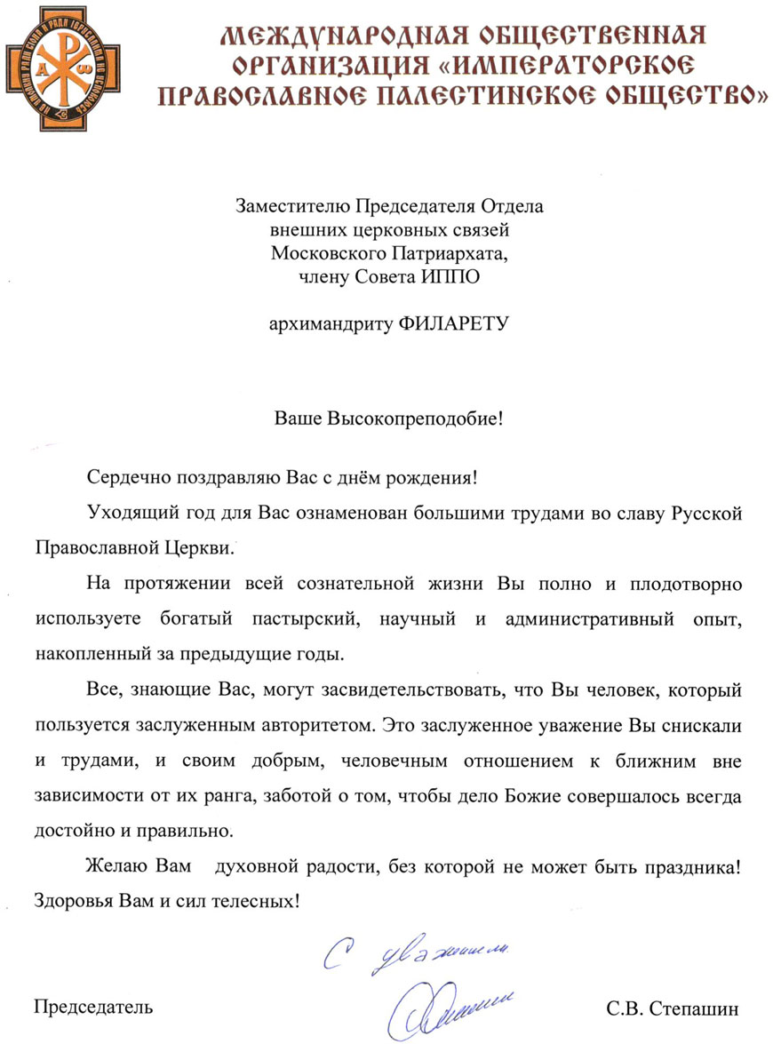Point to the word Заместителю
[x=294, y=208]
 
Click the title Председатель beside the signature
[x=93, y=1007]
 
